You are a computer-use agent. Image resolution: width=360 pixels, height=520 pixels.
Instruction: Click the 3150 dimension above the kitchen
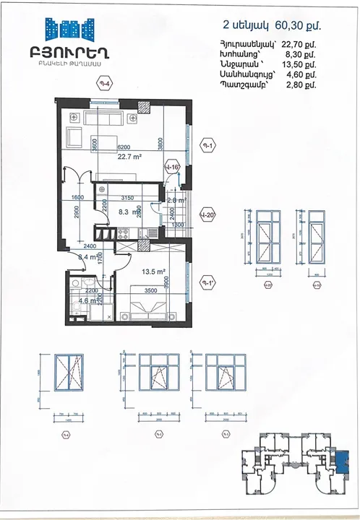point(127,197)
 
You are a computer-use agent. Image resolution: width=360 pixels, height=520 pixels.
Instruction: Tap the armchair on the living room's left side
point(73,136)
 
